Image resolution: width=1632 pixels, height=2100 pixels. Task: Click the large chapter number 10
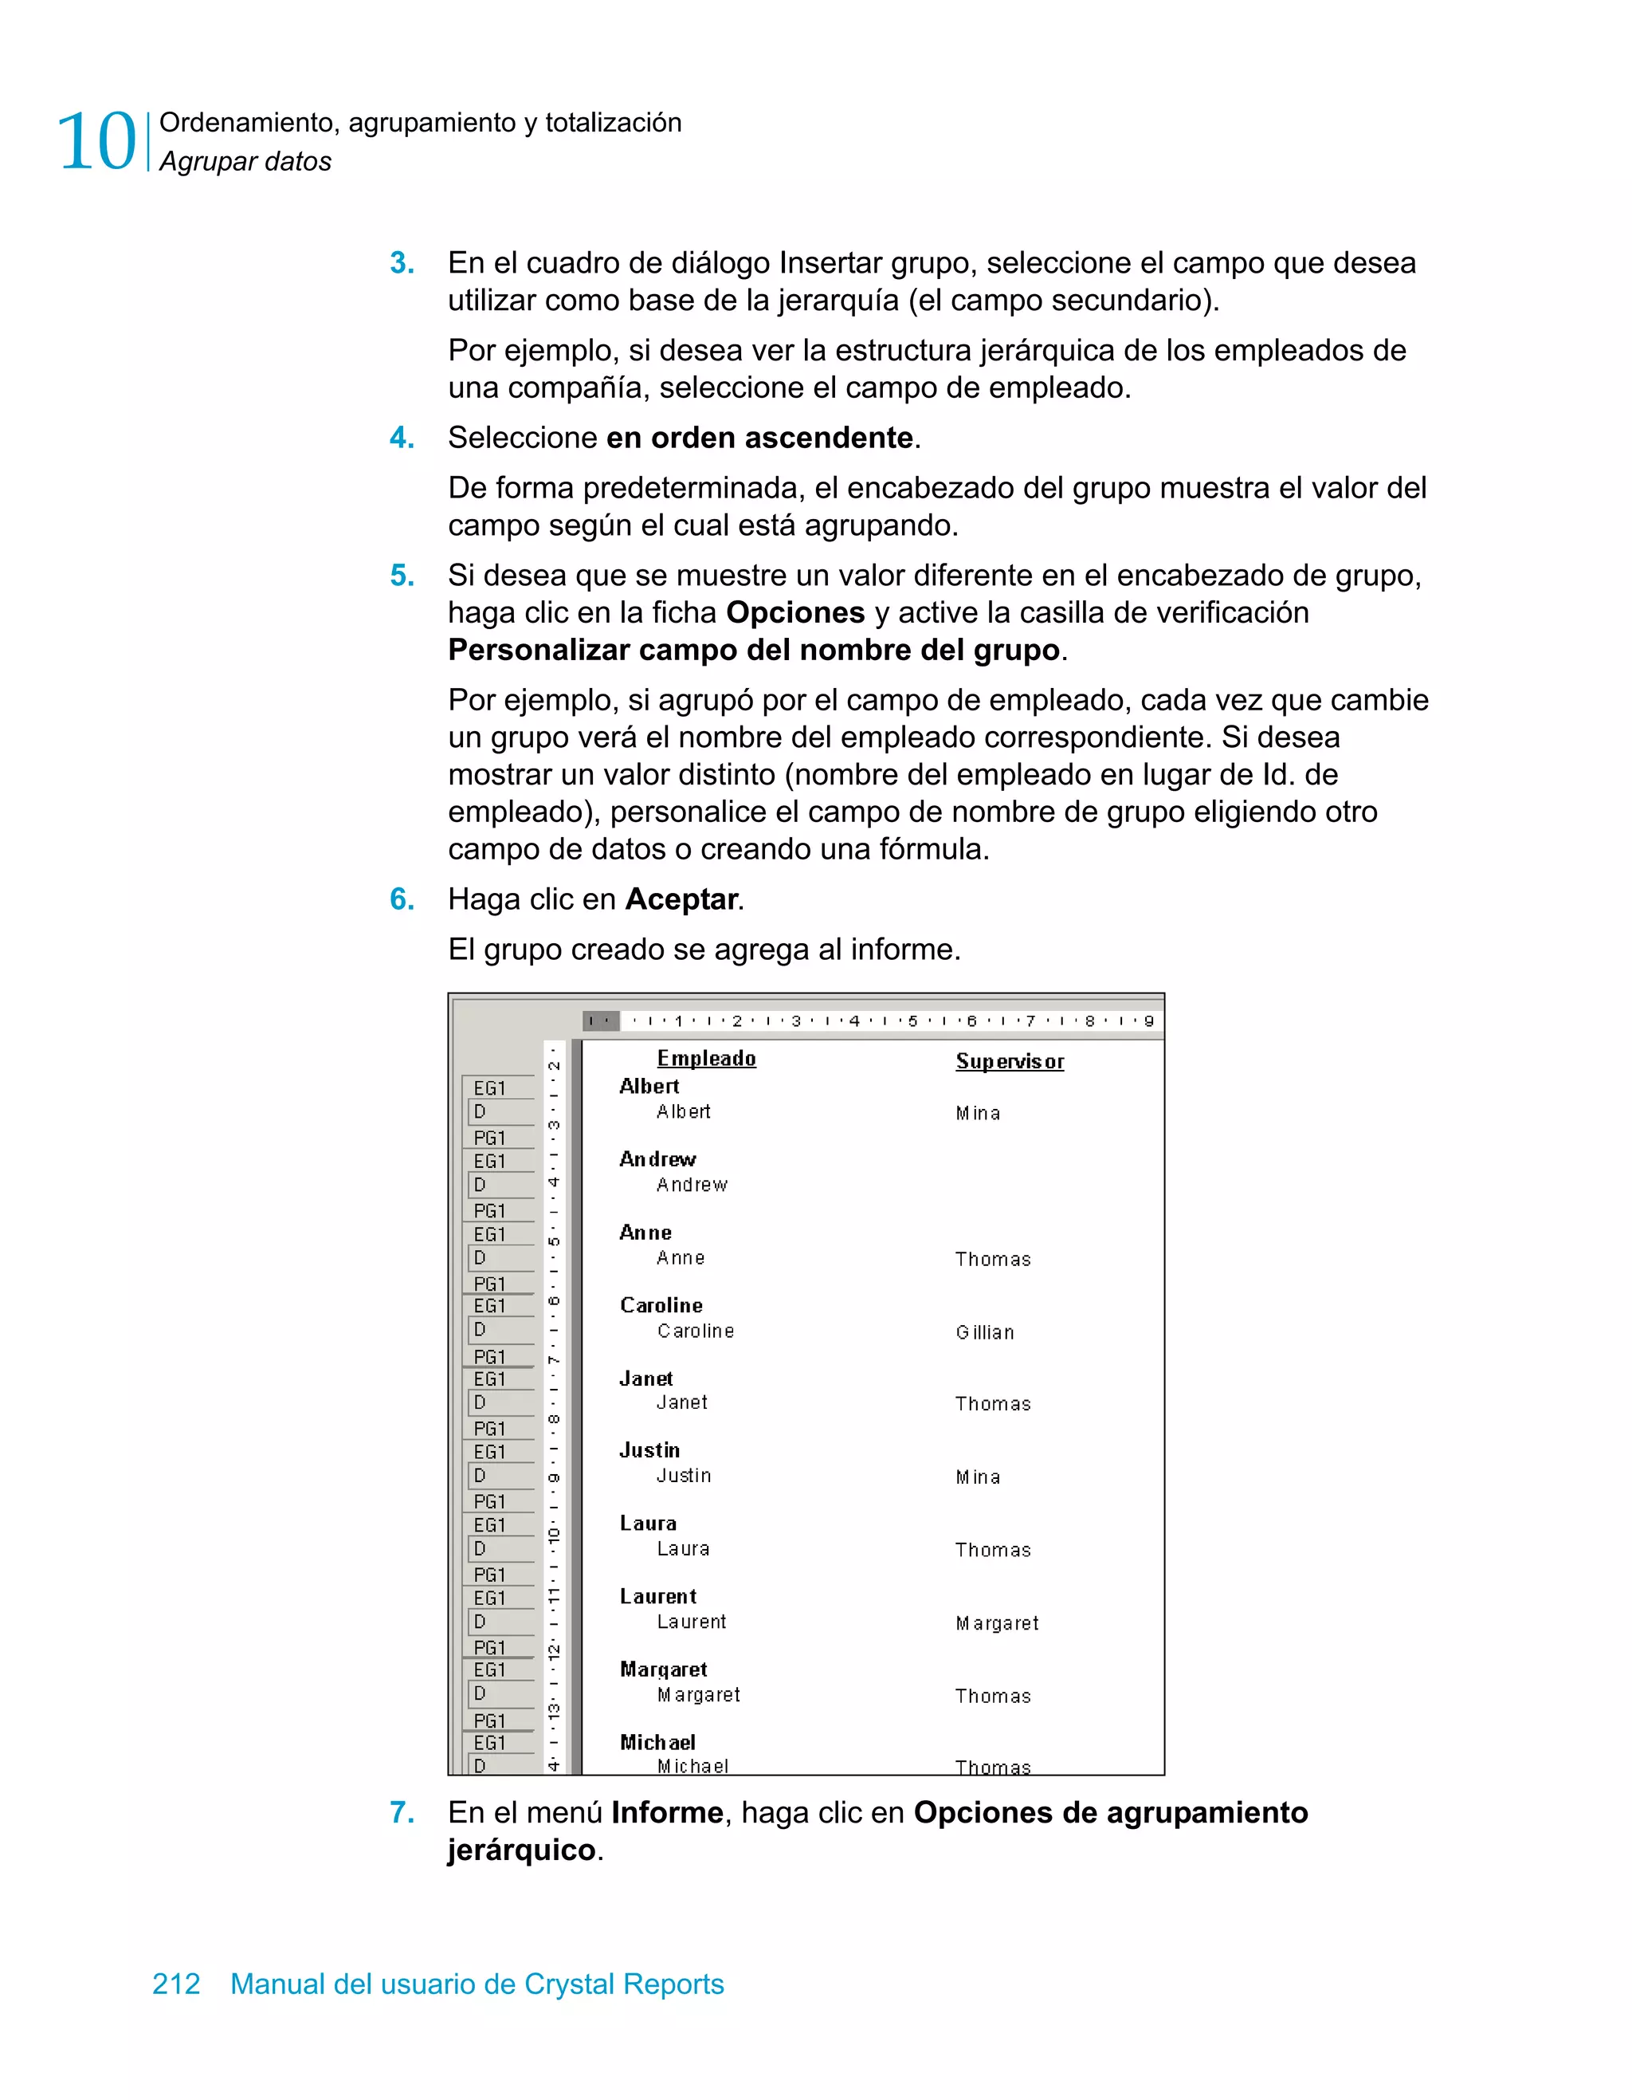[97, 142]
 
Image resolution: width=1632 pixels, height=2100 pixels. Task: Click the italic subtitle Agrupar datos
[245, 162]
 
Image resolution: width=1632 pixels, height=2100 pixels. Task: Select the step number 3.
[402, 262]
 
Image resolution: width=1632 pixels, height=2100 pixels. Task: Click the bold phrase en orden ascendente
[759, 438]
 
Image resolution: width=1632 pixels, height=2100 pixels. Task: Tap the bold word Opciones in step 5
[794, 612]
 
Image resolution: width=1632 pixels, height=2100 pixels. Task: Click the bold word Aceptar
[681, 899]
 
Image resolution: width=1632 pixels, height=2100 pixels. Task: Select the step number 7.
[402, 1812]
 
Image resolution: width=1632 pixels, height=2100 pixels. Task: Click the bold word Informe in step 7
[667, 1812]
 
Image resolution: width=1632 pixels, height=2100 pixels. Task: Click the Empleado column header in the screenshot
[707, 1059]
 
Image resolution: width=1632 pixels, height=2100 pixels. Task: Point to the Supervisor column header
[1009, 1061]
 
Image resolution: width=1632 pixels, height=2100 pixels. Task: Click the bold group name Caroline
[661, 1306]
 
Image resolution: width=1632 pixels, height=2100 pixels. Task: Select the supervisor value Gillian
[984, 1333]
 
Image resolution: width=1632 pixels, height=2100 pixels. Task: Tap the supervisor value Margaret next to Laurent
[997, 1624]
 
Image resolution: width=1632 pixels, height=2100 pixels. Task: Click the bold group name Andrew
[657, 1159]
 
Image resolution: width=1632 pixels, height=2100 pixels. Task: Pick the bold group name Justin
[649, 1451]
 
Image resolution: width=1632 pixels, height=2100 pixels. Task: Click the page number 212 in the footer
[176, 1984]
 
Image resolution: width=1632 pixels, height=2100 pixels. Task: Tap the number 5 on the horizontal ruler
[912, 1021]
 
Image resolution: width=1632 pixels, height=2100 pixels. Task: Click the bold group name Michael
[657, 1742]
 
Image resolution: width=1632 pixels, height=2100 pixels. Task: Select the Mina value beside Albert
[978, 1114]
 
